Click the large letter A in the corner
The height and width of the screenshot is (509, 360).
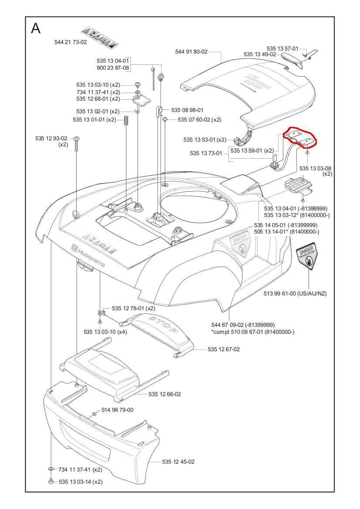point(36,29)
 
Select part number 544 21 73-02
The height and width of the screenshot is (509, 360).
point(71,42)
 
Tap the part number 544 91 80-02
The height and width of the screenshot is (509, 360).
point(191,51)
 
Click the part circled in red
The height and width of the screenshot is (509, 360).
point(300,138)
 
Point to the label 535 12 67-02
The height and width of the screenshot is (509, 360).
point(224,349)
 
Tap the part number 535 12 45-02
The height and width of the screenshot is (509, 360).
point(178,461)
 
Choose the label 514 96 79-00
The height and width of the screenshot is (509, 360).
point(117,410)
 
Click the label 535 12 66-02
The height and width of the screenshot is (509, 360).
point(165,394)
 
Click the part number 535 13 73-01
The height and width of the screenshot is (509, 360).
point(206,153)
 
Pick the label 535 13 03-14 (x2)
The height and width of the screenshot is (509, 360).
point(80,482)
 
